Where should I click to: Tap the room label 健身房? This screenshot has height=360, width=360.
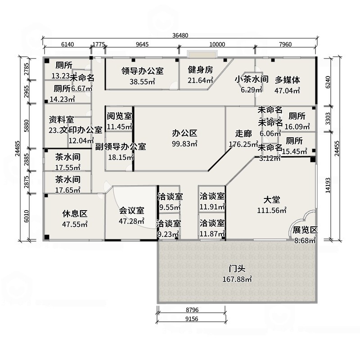pyautogui.click(x=200, y=70)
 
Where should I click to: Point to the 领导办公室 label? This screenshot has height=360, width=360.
pyautogui.click(x=142, y=71)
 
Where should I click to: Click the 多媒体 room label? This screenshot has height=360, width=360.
pyautogui.click(x=288, y=80)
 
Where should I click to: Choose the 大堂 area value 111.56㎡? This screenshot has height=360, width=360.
pyautogui.click(x=272, y=210)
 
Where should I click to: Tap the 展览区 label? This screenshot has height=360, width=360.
pyautogui.click(x=305, y=229)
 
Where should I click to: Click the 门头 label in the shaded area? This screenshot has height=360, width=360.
pyautogui.click(x=237, y=269)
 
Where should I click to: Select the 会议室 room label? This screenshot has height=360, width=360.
pyautogui.click(x=131, y=210)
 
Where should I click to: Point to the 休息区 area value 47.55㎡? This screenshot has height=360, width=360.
pyautogui.click(x=75, y=224)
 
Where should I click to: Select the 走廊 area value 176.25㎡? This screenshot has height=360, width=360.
pyautogui.click(x=243, y=144)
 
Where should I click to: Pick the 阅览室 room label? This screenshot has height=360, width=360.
pyautogui.click(x=119, y=116)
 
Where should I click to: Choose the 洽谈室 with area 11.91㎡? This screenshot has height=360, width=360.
pyautogui.click(x=211, y=196)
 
